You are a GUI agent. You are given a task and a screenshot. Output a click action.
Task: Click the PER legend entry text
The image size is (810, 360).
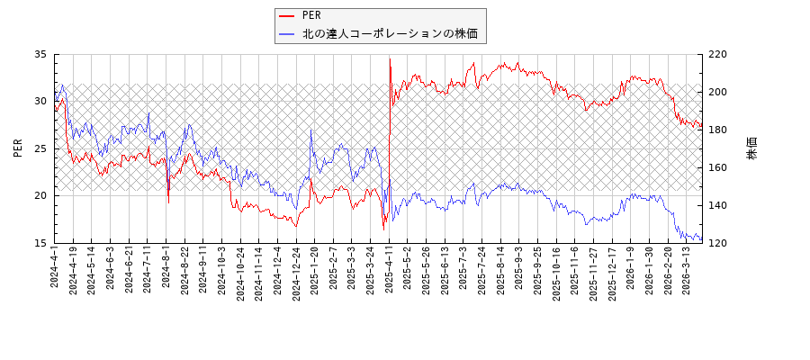pos(311,15)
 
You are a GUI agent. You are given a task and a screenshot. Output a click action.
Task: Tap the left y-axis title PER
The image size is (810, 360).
pos(18,148)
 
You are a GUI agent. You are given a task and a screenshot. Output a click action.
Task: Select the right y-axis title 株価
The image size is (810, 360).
pos(751,148)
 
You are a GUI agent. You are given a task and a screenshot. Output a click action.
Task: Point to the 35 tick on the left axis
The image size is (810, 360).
pos(40,54)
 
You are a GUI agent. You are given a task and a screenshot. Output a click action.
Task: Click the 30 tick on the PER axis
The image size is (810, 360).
pos(40,102)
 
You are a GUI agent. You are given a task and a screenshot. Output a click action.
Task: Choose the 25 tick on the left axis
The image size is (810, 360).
pos(40,148)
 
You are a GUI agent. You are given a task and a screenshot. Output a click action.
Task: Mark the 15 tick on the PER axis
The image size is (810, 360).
pos(40,243)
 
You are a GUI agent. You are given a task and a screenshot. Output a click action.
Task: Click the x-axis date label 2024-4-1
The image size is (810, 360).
pos(54,268)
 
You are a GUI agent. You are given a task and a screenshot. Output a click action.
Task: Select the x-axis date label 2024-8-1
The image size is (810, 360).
pos(166,268)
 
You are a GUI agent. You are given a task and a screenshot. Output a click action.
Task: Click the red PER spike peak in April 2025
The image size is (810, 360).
pos(390,59)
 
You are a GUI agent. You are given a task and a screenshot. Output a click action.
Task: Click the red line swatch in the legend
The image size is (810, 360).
pos(288,15)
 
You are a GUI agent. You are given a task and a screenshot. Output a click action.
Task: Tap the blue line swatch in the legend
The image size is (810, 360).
pos(288,34)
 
